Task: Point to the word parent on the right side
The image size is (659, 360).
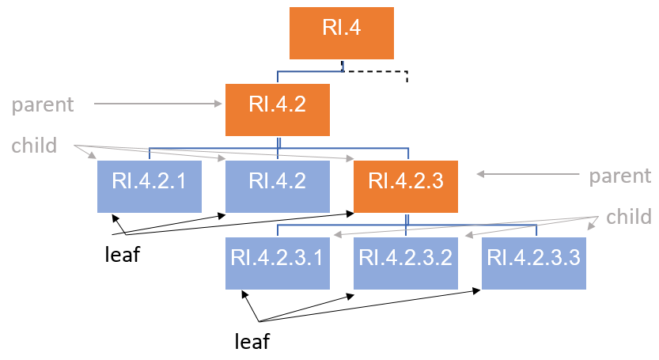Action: coord(619,176)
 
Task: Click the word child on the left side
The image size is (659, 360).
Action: coord(34,146)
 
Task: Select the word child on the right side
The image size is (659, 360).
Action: coord(629,217)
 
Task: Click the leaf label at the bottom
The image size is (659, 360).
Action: coord(252,341)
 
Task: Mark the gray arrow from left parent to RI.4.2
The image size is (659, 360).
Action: coord(158,104)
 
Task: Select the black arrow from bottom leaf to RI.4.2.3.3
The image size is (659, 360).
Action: coord(372,305)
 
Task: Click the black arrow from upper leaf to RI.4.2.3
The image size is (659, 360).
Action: coord(237,224)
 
